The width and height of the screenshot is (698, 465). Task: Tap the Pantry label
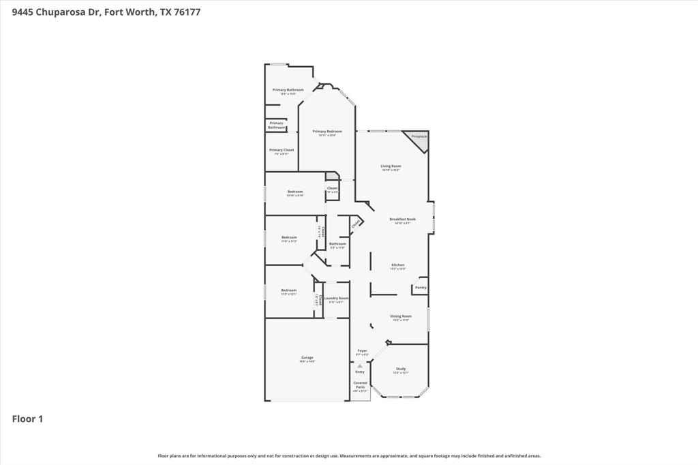[421, 288]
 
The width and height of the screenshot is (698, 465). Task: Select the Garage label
[307, 357]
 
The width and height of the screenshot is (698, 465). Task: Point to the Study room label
[401, 369]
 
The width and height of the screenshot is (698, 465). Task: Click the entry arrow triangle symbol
[360, 366]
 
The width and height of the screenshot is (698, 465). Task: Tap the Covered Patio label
[360, 385]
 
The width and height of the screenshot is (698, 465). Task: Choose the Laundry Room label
[336, 298]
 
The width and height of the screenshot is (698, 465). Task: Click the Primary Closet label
[282, 150]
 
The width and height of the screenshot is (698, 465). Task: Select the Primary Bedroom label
[327, 131]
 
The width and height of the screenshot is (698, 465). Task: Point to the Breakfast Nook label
[402, 219]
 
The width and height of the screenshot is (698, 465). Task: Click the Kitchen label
[398, 265]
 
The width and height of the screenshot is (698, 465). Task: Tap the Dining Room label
[401, 316]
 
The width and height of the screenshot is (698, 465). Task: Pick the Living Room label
[391, 166]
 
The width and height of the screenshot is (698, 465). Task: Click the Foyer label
[362, 350]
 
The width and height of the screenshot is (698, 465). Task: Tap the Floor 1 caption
[27, 419]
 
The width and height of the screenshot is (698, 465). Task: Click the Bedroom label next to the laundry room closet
[289, 290]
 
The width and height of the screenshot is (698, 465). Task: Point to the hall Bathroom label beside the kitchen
[337, 243]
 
